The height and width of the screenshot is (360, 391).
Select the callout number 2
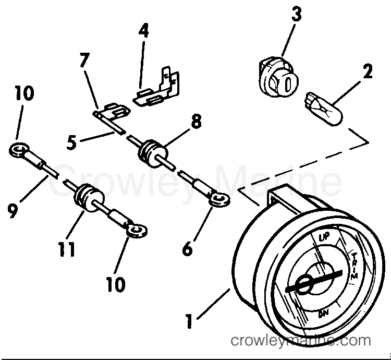click(x=368, y=71)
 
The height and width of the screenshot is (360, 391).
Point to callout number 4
click(x=143, y=31)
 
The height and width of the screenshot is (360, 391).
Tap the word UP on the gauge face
click(x=324, y=238)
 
